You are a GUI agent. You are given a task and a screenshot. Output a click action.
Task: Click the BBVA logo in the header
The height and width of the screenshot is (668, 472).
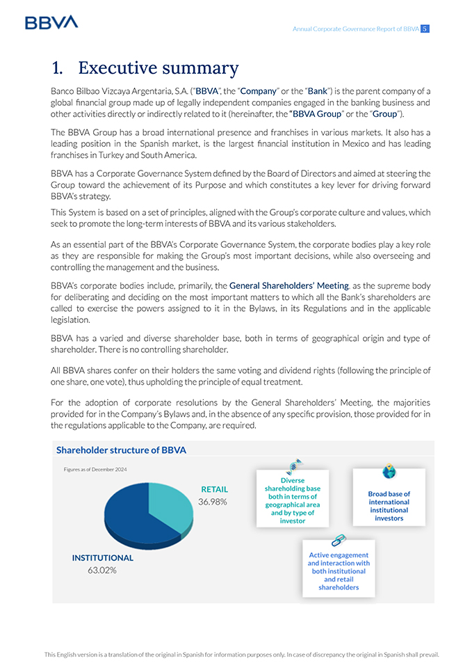click(x=51, y=22)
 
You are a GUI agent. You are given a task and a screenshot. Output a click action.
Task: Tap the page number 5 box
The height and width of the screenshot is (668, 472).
click(x=425, y=29)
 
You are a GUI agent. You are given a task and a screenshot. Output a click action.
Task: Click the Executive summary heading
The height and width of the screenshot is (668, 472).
click(x=145, y=68)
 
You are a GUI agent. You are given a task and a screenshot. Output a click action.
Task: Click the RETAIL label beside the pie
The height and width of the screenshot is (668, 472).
click(x=214, y=489)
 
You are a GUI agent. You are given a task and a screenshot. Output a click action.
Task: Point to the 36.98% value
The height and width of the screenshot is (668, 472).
click(x=213, y=502)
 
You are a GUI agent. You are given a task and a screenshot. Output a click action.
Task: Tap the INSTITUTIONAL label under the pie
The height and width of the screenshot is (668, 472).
click(x=103, y=558)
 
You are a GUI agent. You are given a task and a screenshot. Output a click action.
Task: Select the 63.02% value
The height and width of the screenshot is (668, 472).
click(x=102, y=571)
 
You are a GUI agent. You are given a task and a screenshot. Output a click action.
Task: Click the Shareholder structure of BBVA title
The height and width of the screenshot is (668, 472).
click(x=121, y=450)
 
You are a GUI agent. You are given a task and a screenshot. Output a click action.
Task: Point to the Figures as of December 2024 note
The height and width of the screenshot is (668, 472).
click(x=95, y=470)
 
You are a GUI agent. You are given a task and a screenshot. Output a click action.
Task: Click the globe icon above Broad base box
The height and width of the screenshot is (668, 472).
click(x=389, y=472)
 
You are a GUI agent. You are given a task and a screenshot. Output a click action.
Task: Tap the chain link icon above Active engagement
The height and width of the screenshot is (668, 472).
click(x=339, y=540)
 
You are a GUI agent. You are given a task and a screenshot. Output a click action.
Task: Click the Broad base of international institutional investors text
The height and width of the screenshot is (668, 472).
click(x=389, y=506)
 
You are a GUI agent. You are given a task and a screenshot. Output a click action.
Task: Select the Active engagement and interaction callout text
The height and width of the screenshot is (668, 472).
click(x=339, y=571)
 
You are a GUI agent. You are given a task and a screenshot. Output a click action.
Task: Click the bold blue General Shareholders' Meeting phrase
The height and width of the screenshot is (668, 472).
click(x=288, y=285)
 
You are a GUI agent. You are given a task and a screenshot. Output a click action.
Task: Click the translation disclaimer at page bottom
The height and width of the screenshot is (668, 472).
click(x=242, y=654)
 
